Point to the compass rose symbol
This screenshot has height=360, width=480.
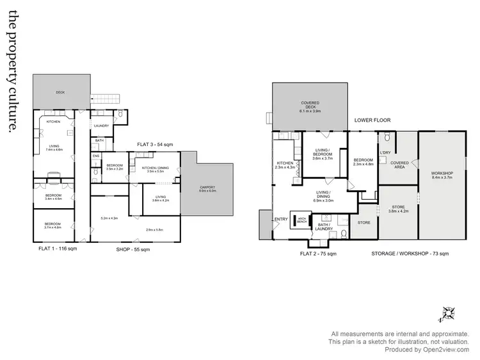448,313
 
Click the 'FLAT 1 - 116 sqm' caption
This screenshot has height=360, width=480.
58,248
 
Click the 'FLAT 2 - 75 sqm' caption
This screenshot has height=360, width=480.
318,254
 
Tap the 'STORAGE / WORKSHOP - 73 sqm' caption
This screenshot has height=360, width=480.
410,254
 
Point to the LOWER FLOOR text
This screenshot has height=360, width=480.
372,120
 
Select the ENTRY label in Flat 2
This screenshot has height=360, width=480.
281,219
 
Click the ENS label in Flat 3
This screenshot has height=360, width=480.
96,156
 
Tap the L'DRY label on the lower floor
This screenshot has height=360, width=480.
385,152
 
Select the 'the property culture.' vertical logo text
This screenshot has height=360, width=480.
9,74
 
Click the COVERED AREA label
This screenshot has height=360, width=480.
399,165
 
